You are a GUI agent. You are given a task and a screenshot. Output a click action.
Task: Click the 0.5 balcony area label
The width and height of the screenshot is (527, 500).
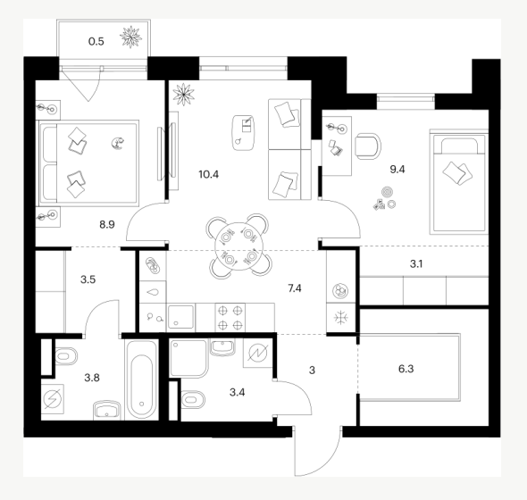96,42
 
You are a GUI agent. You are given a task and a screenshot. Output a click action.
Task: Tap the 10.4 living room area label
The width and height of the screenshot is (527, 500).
209,174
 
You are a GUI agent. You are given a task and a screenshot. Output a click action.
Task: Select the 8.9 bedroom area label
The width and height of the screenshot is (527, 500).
107,224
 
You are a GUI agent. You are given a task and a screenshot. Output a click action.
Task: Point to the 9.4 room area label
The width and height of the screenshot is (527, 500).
397,170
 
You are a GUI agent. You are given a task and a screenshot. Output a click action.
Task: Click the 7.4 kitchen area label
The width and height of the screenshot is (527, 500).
295,288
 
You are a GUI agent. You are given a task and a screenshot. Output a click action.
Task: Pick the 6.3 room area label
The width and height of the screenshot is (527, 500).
406,369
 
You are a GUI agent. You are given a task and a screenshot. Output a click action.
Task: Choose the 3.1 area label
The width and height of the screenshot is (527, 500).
416,264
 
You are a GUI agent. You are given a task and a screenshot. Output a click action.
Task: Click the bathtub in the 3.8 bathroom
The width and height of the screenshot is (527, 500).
141,379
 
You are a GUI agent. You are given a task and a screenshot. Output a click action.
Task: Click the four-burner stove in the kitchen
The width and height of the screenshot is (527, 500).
230,318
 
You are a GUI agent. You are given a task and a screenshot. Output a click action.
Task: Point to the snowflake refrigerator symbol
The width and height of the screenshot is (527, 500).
341,318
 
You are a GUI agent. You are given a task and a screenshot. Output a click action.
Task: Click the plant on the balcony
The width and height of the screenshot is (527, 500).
130,37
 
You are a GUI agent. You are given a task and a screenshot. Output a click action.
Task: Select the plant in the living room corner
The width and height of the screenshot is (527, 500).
183,95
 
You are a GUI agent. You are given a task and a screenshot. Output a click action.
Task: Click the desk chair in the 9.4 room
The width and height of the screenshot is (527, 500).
367,146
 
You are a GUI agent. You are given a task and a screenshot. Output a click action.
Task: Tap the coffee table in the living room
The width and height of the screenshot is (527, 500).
243,133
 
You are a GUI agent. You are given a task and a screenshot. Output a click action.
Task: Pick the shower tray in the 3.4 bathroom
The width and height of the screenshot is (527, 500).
188,358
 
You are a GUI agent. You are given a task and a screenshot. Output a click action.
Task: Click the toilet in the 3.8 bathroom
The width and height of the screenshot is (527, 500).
66,356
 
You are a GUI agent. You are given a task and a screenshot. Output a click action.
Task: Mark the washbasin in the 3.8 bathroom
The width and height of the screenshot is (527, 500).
106,409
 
